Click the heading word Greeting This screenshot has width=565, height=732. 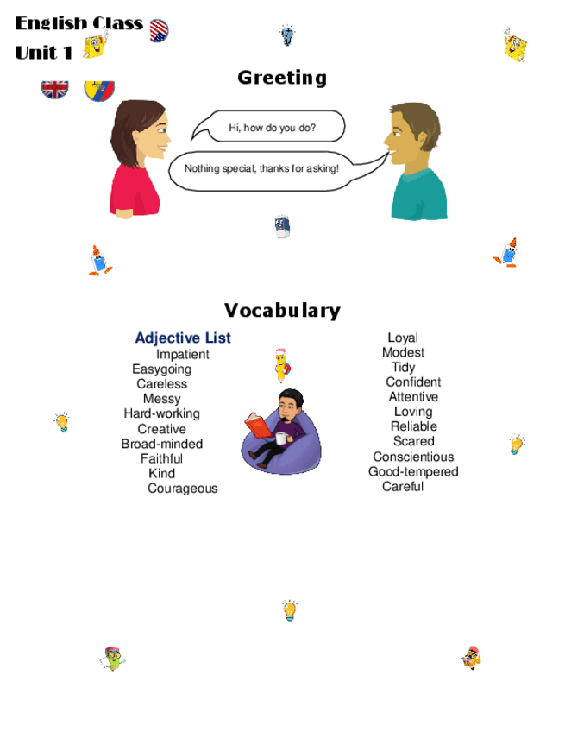[282, 78]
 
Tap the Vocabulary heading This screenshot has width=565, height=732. [282, 311]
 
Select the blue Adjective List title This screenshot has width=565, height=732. [183, 338]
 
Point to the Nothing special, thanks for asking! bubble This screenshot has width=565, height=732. [261, 169]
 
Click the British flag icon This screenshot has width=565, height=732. [55, 88]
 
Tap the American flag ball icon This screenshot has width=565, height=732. [159, 31]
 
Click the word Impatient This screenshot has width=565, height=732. [182, 355]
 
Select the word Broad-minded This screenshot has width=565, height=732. [161, 444]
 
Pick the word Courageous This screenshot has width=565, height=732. [182, 489]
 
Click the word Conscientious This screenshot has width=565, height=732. [412, 457]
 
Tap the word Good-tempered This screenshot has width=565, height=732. [413, 471]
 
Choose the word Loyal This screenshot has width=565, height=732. [402, 338]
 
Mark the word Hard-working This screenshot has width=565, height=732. [161, 413]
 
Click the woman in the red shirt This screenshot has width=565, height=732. [136, 160]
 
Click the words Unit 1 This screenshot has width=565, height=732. [43, 53]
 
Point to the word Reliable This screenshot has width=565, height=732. [413, 426]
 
